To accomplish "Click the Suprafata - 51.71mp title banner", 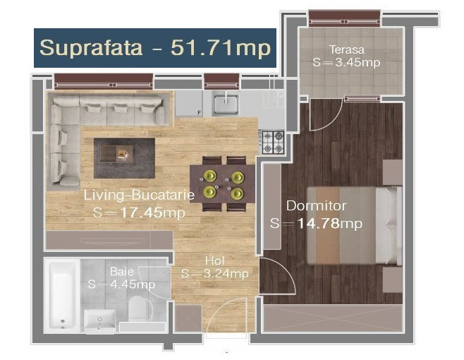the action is pos(155,48).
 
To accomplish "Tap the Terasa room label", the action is pos(347,50).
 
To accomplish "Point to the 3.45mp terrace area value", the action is pos(358,63).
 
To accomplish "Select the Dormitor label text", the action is pos(316,206).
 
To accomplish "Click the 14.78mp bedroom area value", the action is pos(329,223).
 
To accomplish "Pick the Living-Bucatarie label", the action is pos(139,195).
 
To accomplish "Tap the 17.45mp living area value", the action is pos(153,212).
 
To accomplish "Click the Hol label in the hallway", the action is pos(215,260).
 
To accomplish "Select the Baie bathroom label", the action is pos(121,271).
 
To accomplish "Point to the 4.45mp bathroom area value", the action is pos(133,284).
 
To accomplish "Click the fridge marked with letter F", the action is pos(189,103).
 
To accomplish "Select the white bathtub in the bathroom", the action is pos(63,294).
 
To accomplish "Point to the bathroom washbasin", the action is pos(99,321).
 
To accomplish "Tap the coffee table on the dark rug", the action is pos(116,154).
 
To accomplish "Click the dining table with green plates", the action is pos(222,184).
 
